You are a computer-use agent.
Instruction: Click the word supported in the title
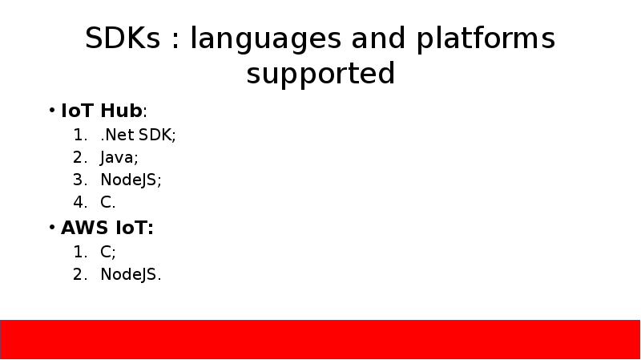coord(320,74)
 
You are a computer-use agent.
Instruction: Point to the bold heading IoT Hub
coord(102,111)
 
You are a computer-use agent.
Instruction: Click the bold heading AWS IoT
coord(107,228)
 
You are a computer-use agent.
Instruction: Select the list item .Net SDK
coord(137,135)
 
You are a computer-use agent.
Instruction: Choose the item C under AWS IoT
coord(107,252)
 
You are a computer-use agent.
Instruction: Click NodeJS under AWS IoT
coord(131,275)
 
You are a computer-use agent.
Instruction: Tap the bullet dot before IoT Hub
coord(51,111)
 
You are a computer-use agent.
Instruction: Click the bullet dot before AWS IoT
coord(51,228)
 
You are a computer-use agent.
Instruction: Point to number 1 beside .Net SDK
coord(79,135)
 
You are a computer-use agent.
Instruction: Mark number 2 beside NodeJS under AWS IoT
coord(79,275)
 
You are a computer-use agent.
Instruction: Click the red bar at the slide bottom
coord(320,338)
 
